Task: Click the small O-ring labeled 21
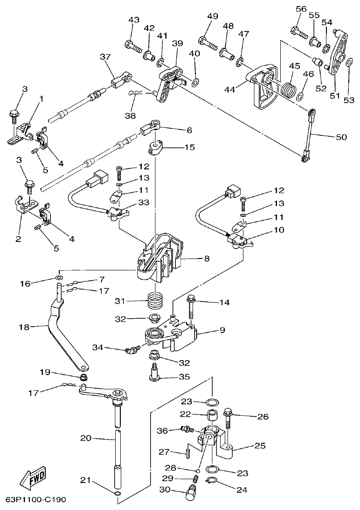click(118, 494)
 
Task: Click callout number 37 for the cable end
click(105, 56)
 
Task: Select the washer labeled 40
click(195, 83)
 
